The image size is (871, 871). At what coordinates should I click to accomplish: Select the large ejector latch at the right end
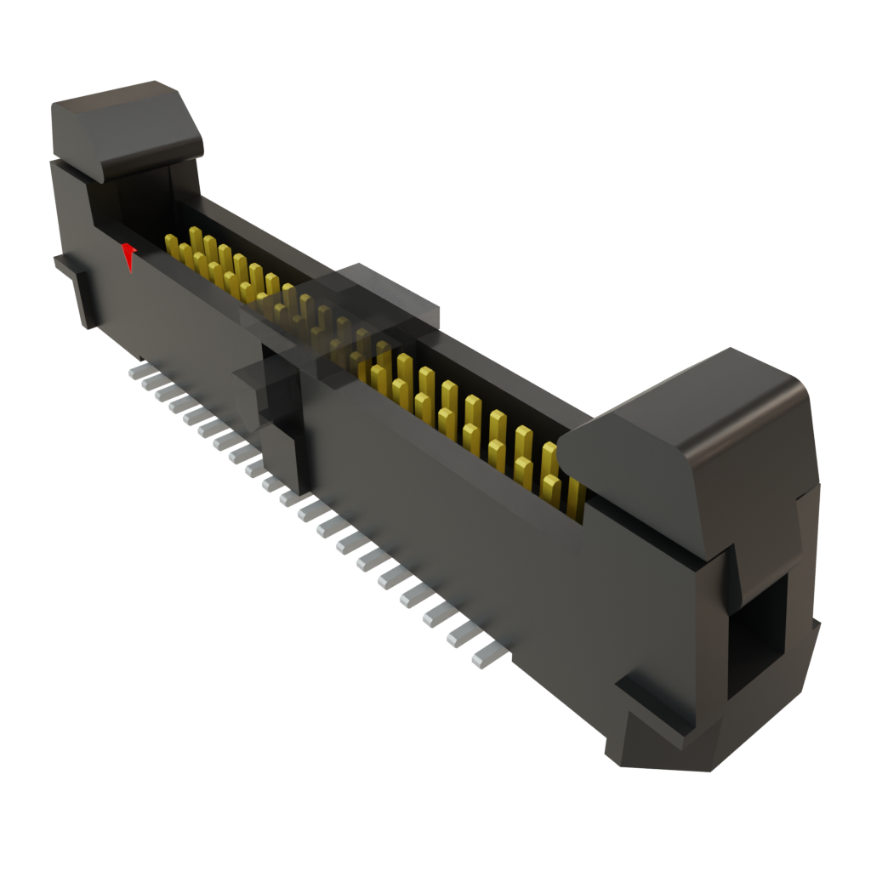pyautogui.click(x=697, y=442)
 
